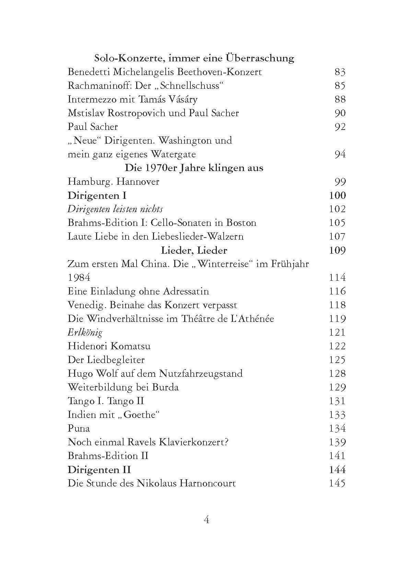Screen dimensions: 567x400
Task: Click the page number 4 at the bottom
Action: (207, 520)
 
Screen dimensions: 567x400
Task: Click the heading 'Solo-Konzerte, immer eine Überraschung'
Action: (194, 58)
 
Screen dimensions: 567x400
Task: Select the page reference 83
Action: (340, 72)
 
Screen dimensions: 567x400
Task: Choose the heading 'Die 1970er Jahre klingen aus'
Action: (194, 168)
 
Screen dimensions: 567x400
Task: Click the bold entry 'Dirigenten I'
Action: (97, 195)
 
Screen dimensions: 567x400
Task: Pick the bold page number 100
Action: (337, 195)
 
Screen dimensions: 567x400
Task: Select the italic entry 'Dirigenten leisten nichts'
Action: (115, 209)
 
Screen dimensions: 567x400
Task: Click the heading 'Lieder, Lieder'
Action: (194, 250)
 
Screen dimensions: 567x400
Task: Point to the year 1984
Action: (79, 278)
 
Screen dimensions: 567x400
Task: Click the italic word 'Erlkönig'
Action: (85, 333)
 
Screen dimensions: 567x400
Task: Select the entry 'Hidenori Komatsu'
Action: (109, 346)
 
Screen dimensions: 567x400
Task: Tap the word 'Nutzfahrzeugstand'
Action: (200, 374)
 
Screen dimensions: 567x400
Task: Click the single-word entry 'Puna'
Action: (79, 429)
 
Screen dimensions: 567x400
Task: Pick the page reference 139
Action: (337, 442)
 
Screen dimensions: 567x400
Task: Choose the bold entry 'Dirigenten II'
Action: (99, 470)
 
